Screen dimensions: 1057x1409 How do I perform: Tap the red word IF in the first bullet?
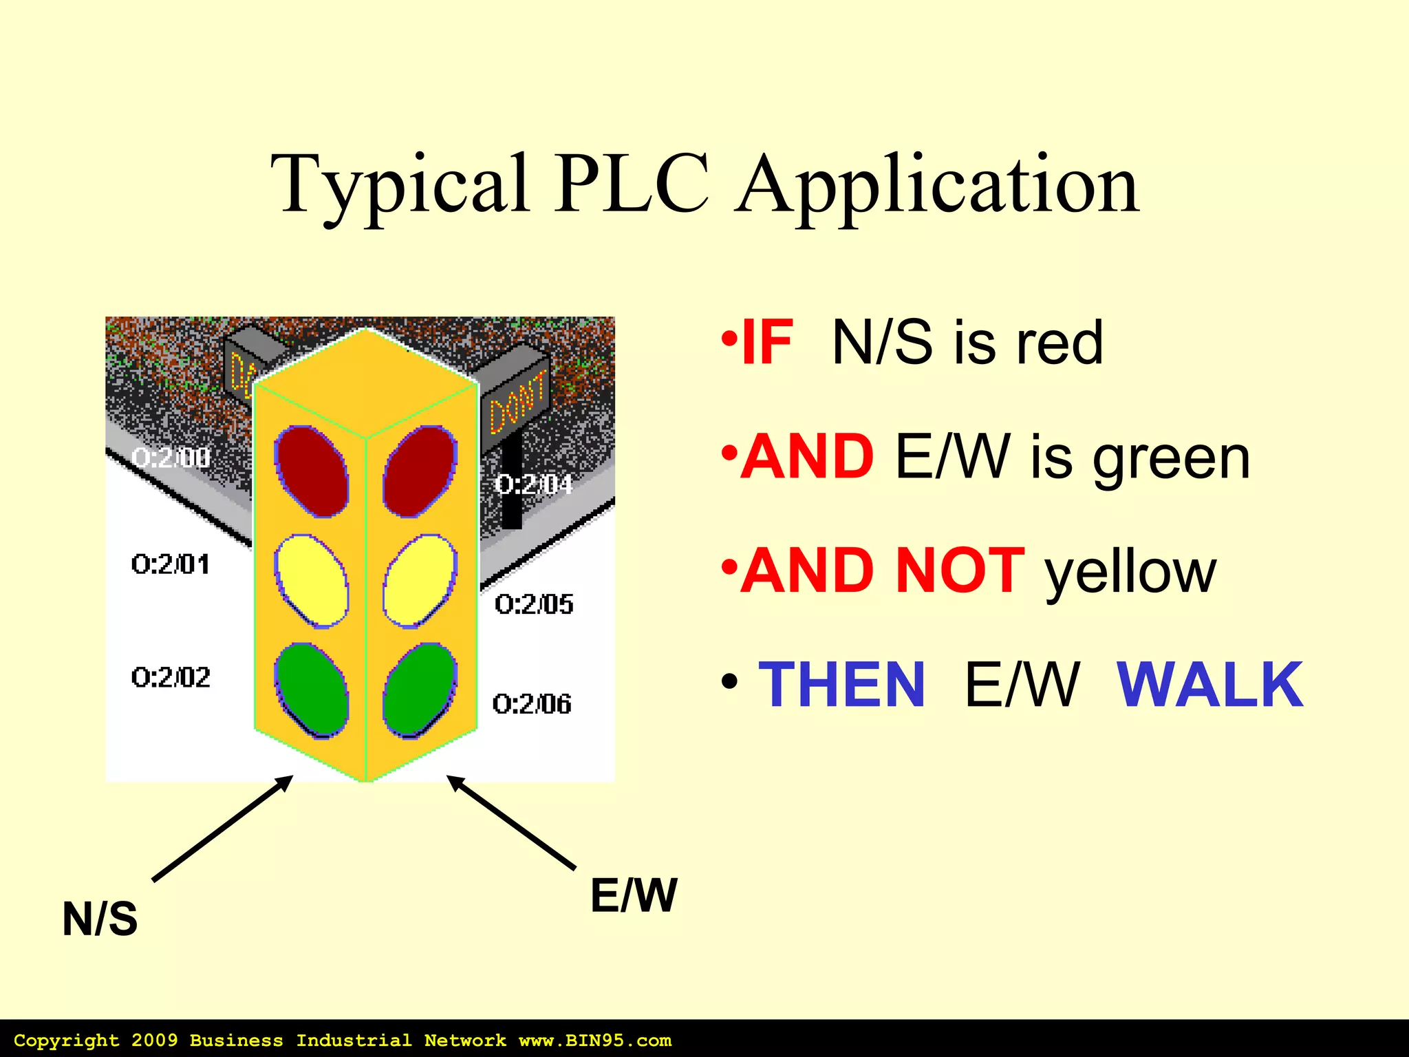(768, 342)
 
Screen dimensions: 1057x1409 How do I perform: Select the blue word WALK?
(1209, 685)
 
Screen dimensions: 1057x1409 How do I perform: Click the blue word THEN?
(841, 685)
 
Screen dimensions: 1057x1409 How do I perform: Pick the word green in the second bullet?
(1171, 458)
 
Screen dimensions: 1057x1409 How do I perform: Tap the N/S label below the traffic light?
(100, 919)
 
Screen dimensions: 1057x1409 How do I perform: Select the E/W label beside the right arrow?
(634, 896)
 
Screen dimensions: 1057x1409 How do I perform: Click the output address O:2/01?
(171, 565)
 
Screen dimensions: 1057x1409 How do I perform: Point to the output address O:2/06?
(532, 704)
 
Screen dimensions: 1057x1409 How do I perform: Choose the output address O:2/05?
(534, 604)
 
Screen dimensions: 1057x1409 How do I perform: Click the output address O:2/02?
(171, 678)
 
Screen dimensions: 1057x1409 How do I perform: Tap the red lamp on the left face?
(312, 471)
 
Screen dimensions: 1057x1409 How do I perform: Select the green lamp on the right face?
(420, 690)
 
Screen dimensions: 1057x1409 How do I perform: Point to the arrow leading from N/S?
(222, 829)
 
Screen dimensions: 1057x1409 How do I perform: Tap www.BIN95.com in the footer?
(594, 1040)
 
